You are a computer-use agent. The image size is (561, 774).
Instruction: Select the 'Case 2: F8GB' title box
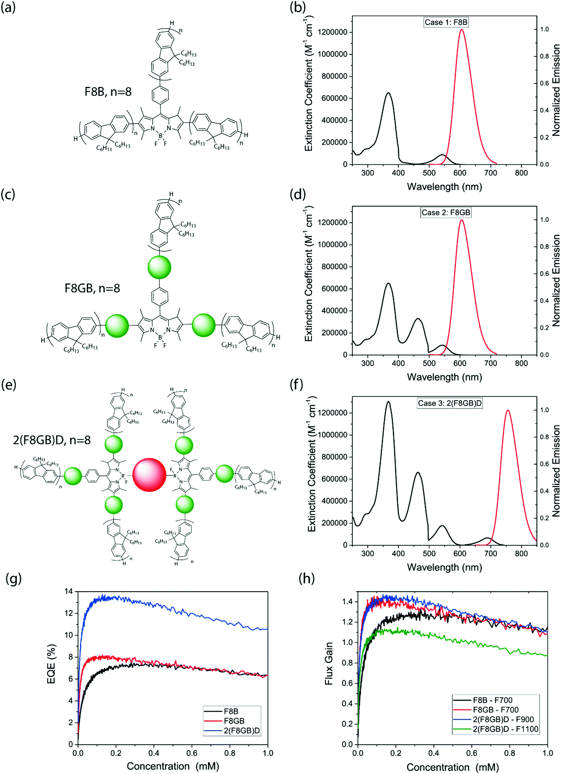click(x=446, y=213)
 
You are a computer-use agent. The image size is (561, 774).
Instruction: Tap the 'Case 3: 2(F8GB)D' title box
click(x=450, y=403)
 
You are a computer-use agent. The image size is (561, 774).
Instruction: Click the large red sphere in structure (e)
click(x=149, y=475)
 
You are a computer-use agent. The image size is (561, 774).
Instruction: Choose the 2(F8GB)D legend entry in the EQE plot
click(x=241, y=731)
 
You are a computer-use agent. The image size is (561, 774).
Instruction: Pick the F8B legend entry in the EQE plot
click(x=231, y=711)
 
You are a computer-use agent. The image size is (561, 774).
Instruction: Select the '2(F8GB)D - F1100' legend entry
click(x=505, y=729)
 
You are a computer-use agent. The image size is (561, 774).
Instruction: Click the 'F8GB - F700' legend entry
click(x=495, y=710)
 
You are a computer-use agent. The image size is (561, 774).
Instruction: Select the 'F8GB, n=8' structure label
click(x=92, y=288)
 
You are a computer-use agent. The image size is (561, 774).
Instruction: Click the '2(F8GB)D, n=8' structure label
click(x=52, y=440)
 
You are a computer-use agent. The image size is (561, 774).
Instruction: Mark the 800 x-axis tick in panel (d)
click(x=521, y=363)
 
